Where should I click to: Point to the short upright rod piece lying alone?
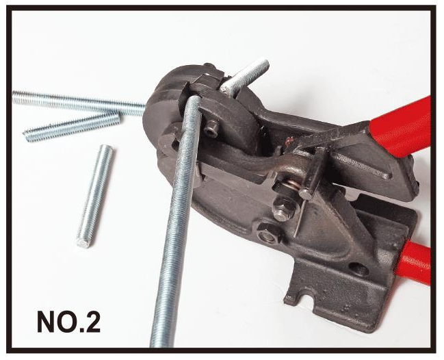coord(94,196)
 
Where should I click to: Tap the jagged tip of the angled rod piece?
coord(27,134)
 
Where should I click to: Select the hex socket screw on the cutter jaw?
coord(211,129)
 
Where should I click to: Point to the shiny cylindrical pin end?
coord(306,194)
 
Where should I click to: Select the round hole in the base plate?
coord(358,269)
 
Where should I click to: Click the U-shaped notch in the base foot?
coord(308,303)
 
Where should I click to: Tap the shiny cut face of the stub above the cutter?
coord(228,88)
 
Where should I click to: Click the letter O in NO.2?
coord(69,322)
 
